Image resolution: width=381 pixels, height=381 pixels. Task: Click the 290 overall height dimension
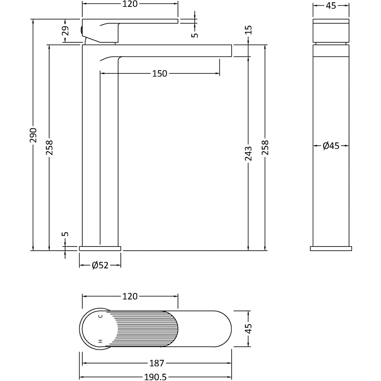tap(34, 135)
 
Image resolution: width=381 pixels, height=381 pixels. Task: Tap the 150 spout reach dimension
tap(160, 74)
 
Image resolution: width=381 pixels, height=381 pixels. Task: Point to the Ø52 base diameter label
tap(100, 266)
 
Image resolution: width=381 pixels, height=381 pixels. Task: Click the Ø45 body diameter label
tap(331, 146)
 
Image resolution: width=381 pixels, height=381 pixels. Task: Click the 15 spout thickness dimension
tap(248, 30)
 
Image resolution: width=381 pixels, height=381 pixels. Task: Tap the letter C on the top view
tap(101, 316)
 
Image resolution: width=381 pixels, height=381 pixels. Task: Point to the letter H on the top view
tap(101, 341)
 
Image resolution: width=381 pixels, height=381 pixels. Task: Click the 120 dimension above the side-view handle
tap(130, 4)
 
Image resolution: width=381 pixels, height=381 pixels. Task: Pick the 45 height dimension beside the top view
tap(248, 328)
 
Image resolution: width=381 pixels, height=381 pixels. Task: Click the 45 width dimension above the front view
tap(331, 5)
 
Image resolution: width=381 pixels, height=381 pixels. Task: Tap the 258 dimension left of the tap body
tap(50, 147)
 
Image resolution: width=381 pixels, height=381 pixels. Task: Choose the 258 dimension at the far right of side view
tap(265, 147)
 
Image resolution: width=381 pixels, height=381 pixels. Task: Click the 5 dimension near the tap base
tap(65, 234)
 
